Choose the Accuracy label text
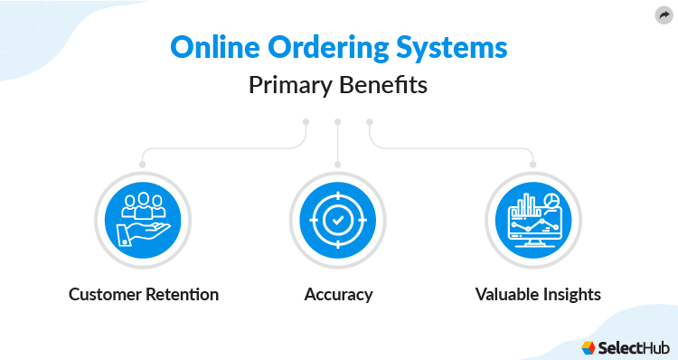point(338,295)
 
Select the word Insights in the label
point(570,295)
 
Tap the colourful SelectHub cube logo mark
point(589,346)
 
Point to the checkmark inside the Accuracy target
point(337,220)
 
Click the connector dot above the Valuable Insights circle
point(533,165)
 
